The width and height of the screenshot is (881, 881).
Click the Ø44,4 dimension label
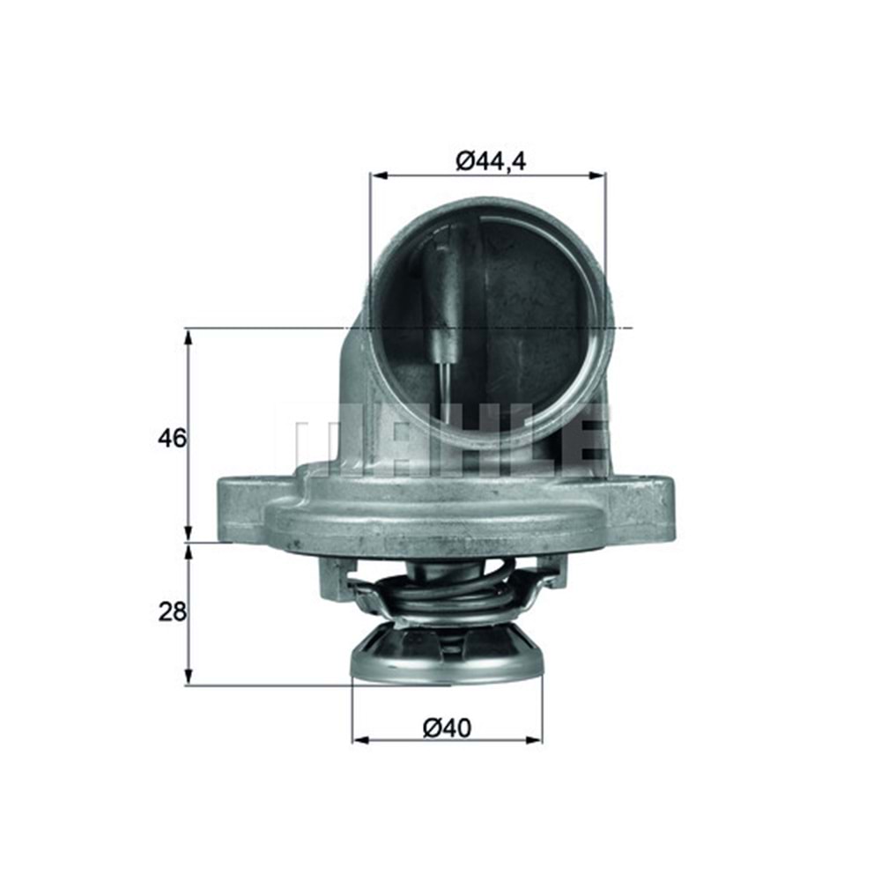(491, 160)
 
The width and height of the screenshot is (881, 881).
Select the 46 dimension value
(174, 437)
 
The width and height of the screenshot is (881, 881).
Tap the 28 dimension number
(173, 611)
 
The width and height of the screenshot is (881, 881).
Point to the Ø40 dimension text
(447, 728)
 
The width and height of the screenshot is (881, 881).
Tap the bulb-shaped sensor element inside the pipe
(443, 300)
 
